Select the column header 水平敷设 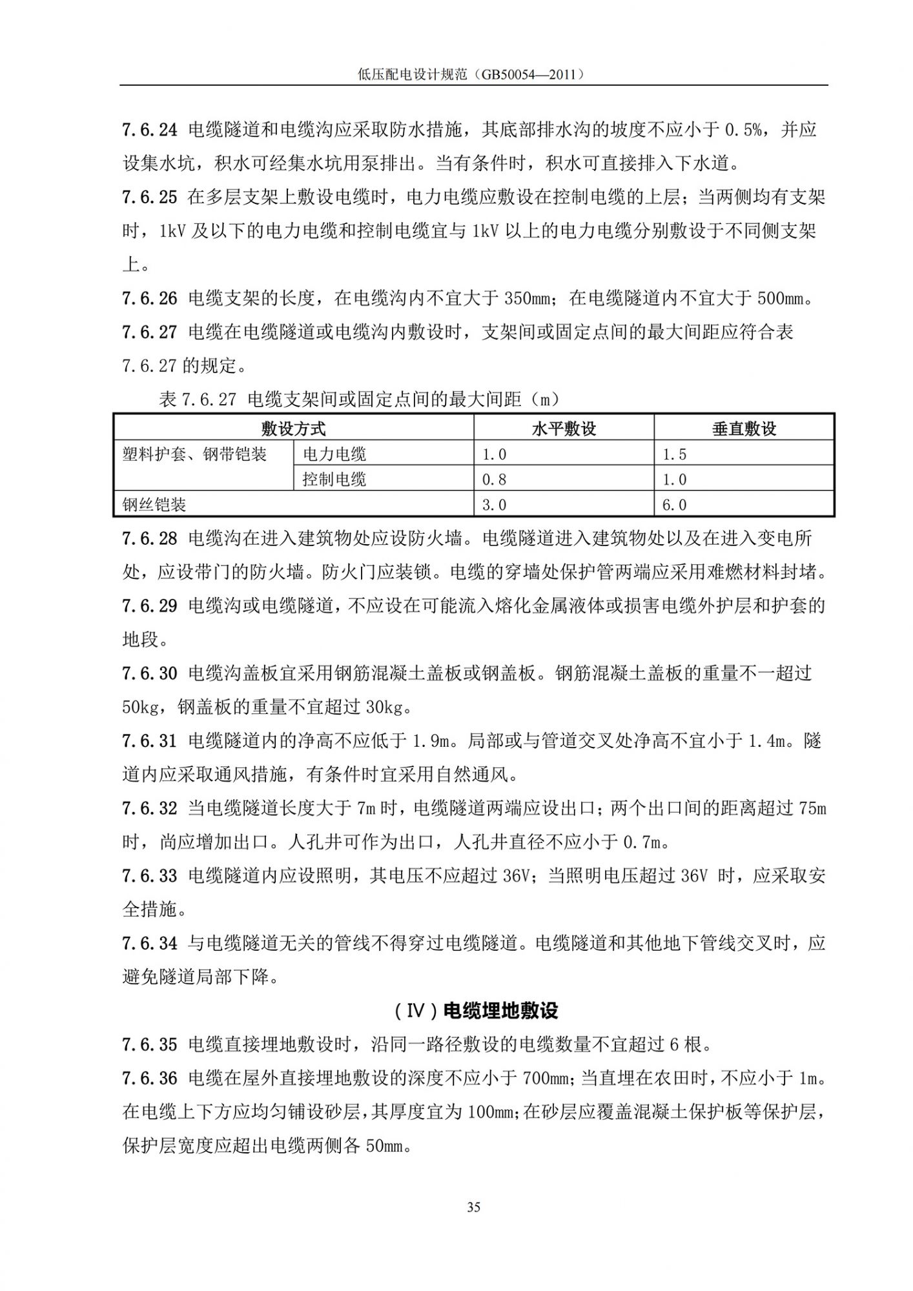pyautogui.click(x=563, y=429)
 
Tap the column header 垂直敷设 pyautogui.click(x=744, y=429)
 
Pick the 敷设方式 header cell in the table pyautogui.click(x=293, y=429)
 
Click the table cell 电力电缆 pyautogui.click(x=334, y=454)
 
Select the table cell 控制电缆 pyautogui.click(x=334, y=480)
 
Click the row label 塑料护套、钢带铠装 pyautogui.click(x=194, y=454)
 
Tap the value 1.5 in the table pyautogui.click(x=675, y=454)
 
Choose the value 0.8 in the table pyautogui.click(x=495, y=480)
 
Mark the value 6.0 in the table pyautogui.click(x=675, y=505)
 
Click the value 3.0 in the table pyautogui.click(x=495, y=505)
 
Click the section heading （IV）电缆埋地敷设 pyautogui.click(x=475, y=1010)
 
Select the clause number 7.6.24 pyautogui.click(x=149, y=130)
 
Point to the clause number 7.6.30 pyautogui.click(x=149, y=673)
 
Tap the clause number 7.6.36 pyautogui.click(x=149, y=1078)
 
